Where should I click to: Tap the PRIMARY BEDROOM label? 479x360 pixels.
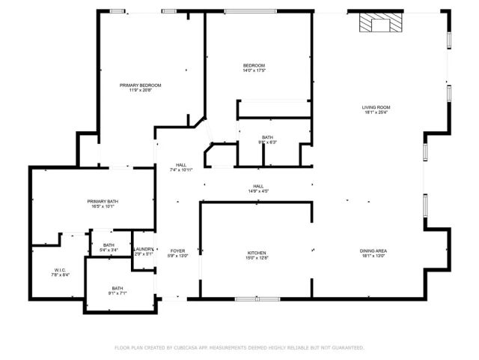point(140,85)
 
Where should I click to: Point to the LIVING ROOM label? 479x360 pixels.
point(377,107)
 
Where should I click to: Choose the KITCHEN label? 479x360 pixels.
point(257,253)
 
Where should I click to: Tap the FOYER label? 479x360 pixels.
point(177,250)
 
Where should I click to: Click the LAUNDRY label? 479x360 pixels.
point(144,249)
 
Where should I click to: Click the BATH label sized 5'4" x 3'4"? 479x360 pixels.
point(109,245)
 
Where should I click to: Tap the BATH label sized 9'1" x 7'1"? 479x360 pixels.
point(118,288)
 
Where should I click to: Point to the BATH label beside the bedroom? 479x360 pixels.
point(267,137)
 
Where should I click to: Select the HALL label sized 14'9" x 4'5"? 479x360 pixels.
point(257,186)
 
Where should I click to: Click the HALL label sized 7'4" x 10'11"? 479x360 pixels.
point(181,165)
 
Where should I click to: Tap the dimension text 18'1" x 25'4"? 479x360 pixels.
point(377,113)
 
